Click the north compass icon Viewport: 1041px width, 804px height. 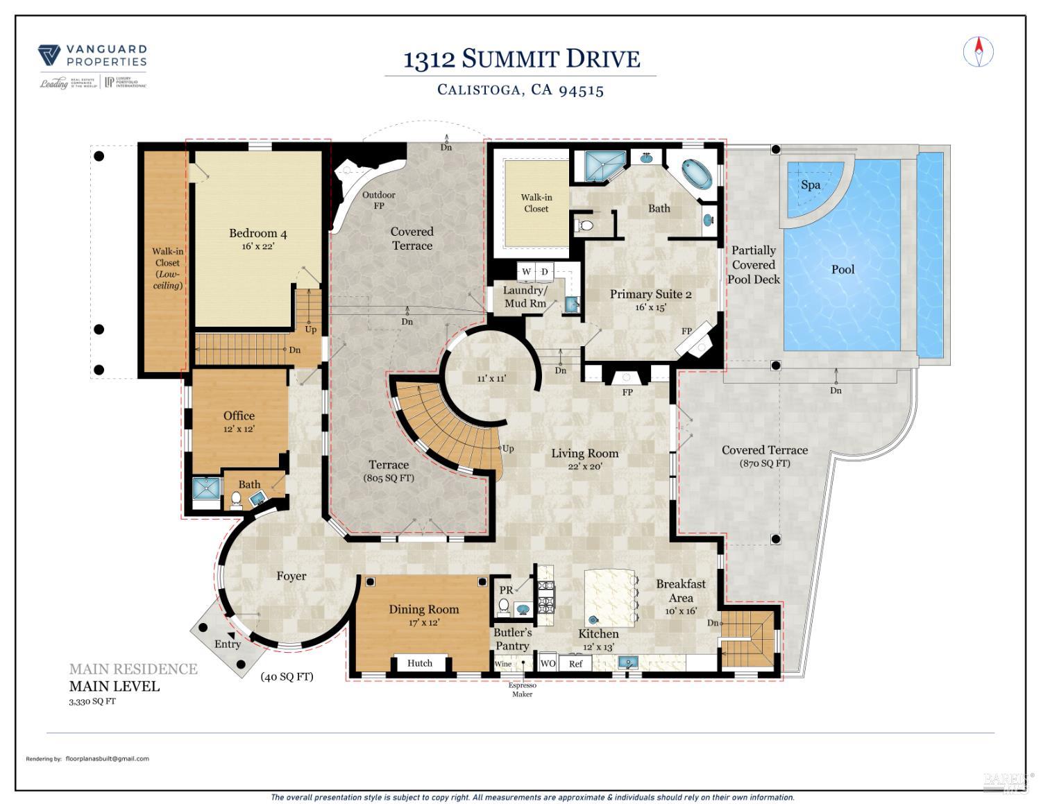point(979,52)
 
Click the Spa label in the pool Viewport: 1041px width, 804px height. point(811,185)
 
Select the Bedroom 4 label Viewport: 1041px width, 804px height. point(258,234)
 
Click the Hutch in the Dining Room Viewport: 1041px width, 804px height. point(419,663)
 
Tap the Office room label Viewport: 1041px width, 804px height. point(239,416)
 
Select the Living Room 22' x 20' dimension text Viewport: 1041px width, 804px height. point(584,466)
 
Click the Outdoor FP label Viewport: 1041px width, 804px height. point(379,200)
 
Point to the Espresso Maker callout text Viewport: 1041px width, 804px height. point(522,690)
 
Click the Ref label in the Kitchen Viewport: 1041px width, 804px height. point(576,664)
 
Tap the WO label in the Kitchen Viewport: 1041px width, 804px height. point(548,663)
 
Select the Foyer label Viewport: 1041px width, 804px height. point(291,576)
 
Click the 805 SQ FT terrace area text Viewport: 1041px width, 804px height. point(389,478)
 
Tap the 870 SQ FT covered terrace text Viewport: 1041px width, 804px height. point(765,463)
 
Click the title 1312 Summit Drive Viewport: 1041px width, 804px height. point(521,59)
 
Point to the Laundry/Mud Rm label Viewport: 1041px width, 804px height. point(525,297)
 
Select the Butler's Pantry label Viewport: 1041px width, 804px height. point(512,639)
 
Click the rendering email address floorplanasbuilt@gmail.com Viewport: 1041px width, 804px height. point(108,758)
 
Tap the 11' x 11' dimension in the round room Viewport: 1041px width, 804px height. point(491,378)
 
